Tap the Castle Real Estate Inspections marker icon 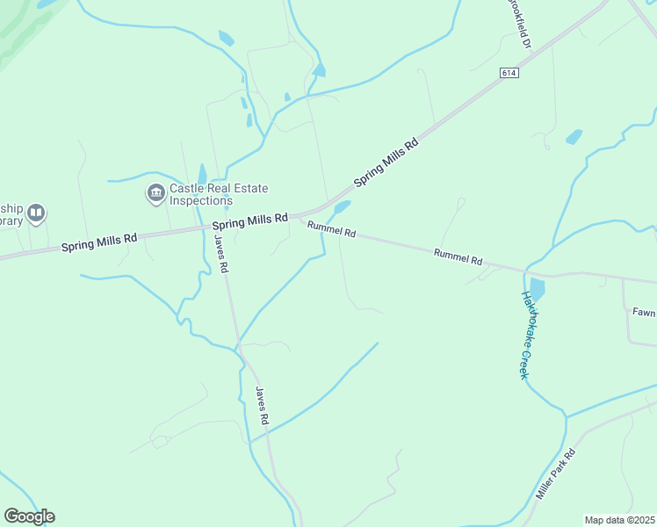coord(156,193)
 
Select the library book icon coord(36,213)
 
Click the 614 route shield coord(509,72)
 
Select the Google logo coord(29,516)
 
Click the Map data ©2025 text coord(620,520)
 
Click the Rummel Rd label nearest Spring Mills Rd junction coord(331,230)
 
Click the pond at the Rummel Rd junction coord(342,207)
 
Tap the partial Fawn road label coord(644,311)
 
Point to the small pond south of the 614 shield coord(574,137)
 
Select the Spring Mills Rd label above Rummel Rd coord(249,219)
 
